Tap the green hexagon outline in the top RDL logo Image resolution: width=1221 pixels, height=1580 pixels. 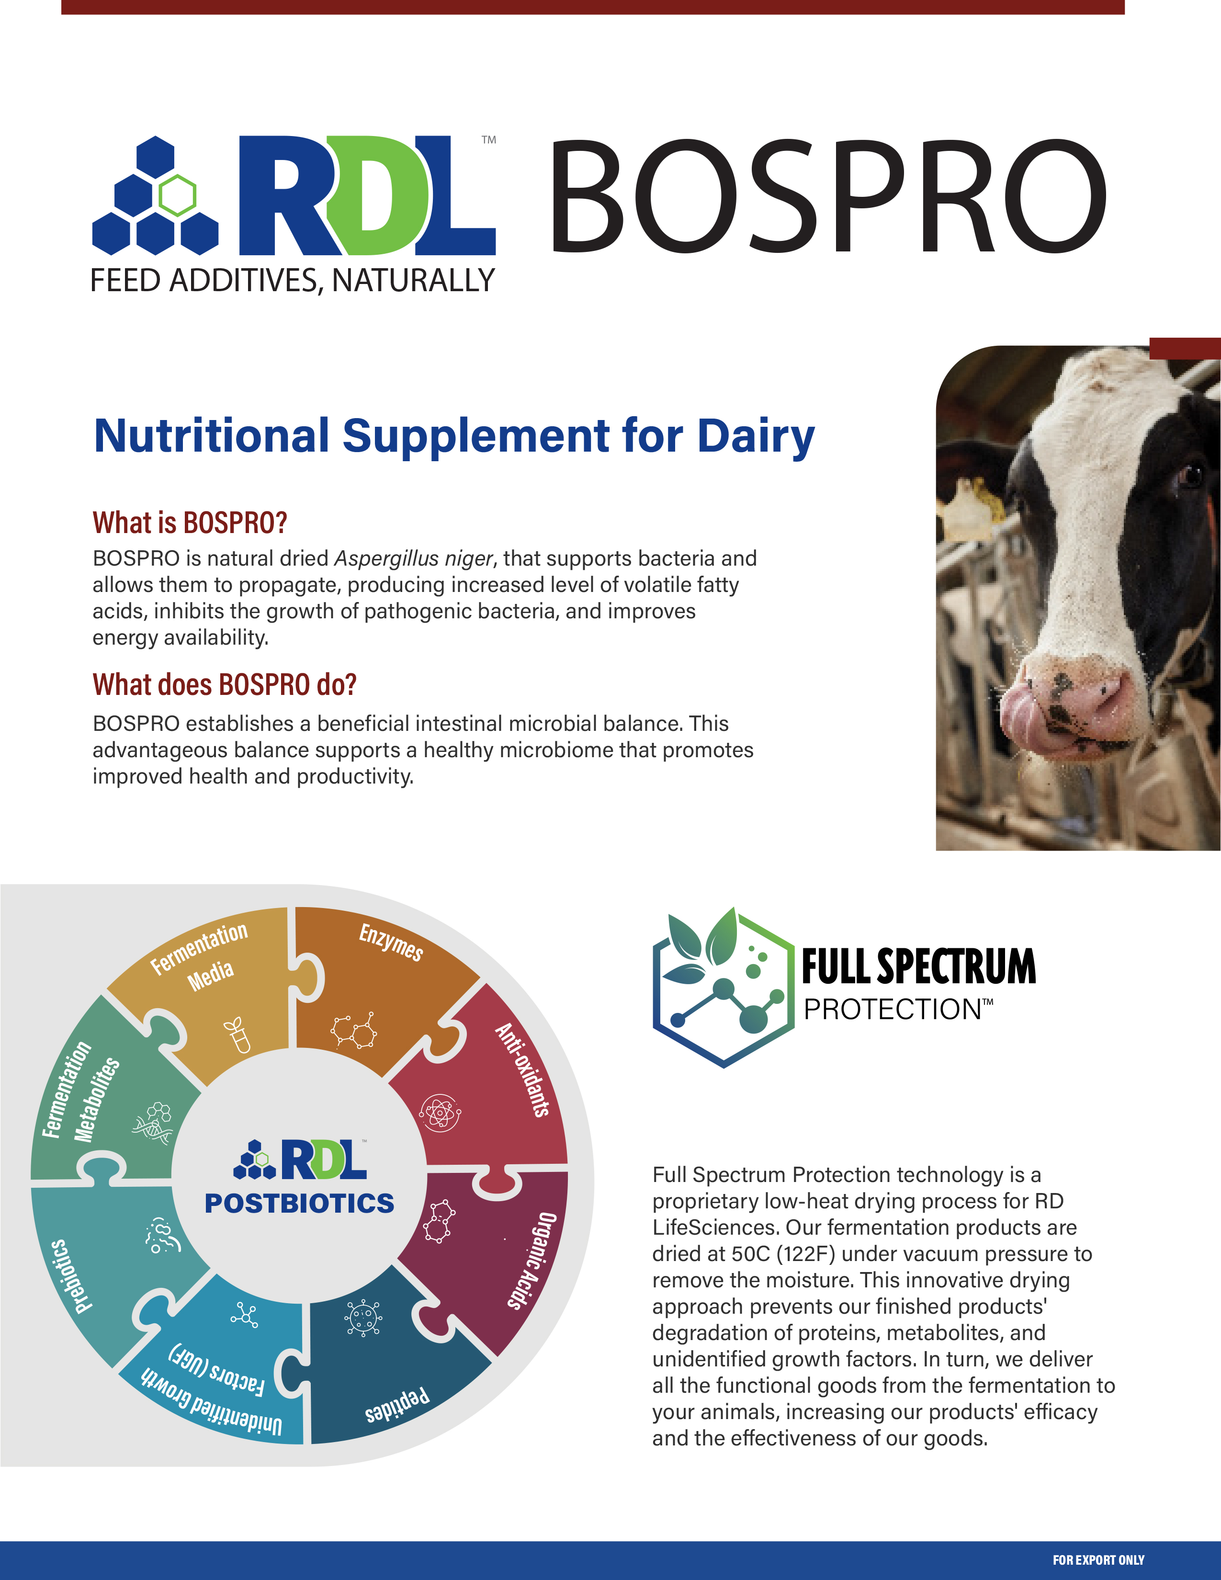click(177, 195)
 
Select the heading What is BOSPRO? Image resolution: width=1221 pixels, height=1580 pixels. click(190, 523)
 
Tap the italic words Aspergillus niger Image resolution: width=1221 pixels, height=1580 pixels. click(414, 558)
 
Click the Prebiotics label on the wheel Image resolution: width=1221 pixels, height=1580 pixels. click(72, 1275)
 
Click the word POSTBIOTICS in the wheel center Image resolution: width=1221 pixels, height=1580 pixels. click(299, 1203)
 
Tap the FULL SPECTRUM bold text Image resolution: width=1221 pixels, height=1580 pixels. click(919, 966)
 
